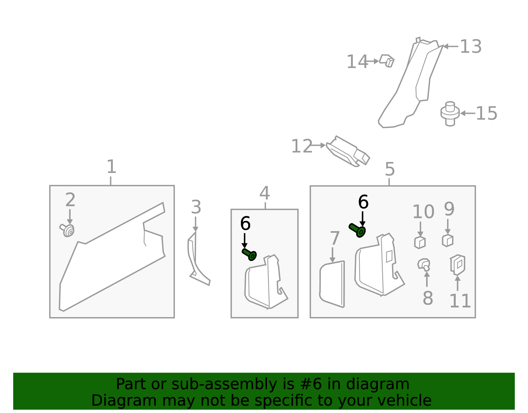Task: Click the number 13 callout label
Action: (x=471, y=47)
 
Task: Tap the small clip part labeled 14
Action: (x=387, y=61)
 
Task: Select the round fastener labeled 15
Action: (x=450, y=113)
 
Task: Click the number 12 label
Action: (x=302, y=146)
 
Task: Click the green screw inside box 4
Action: (x=249, y=255)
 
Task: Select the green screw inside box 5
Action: (x=357, y=230)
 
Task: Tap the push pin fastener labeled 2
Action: (x=68, y=230)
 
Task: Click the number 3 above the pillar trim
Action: (x=196, y=208)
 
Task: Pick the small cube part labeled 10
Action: (x=420, y=242)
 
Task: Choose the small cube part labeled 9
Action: (x=447, y=240)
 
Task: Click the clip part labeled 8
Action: (x=424, y=265)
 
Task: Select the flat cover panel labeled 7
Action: (x=332, y=284)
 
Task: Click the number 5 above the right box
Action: (x=390, y=169)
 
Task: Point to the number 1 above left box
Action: (x=111, y=167)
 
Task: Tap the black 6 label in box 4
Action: (x=245, y=224)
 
